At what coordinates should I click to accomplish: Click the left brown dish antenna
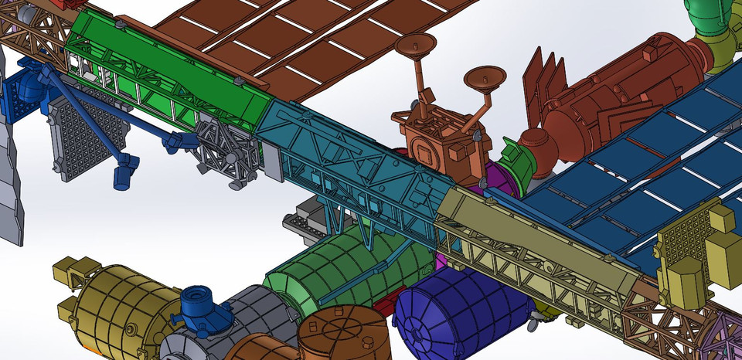pyautogui.click(x=414, y=44)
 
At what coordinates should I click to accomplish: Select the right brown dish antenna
pyautogui.click(x=485, y=77)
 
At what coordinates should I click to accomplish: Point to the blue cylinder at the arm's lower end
pyautogui.click(x=124, y=176)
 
